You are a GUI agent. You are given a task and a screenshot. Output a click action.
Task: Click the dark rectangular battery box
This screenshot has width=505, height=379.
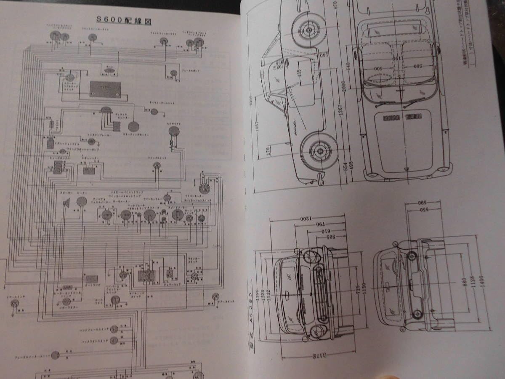(105, 88)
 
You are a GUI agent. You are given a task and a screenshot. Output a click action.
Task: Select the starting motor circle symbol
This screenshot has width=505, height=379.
(134, 126)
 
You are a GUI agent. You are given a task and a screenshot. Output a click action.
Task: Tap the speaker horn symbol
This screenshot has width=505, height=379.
(66, 204)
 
